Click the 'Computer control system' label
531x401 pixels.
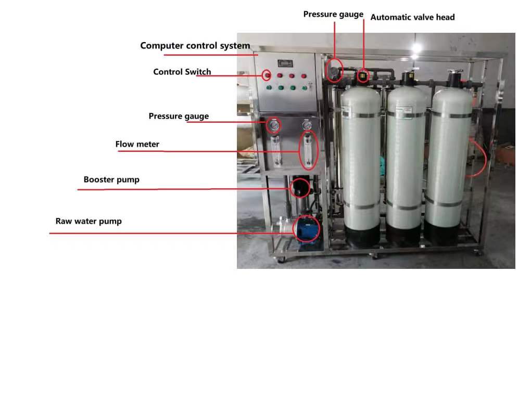195,46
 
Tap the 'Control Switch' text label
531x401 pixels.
182,72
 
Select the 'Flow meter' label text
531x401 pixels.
137,144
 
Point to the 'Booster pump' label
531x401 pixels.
111,180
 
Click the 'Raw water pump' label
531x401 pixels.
88,221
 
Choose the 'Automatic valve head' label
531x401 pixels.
412,17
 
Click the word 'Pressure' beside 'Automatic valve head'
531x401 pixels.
319,14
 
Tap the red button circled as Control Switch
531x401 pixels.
267,75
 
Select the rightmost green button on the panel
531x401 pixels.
305,88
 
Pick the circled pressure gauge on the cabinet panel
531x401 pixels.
273,125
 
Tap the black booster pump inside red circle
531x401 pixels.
300,187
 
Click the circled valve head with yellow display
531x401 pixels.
363,77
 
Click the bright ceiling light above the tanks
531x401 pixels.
416,48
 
